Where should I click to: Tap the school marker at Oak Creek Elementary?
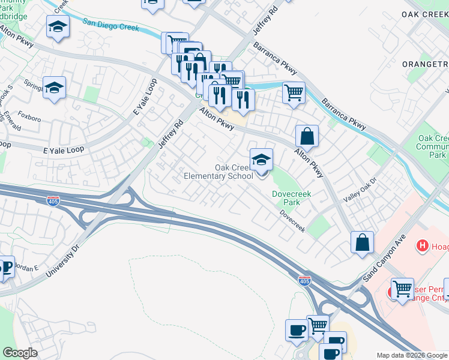(261, 161)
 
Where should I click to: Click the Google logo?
(20, 353)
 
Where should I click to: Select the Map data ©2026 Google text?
(411, 355)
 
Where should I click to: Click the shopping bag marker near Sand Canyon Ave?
(363, 243)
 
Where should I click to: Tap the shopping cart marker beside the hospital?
(402, 289)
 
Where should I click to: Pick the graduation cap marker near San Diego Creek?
(58, 26)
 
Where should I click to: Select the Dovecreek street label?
(292, 224)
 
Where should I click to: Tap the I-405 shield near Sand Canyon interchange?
(305, 281)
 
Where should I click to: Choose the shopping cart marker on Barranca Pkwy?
(294, 92)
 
